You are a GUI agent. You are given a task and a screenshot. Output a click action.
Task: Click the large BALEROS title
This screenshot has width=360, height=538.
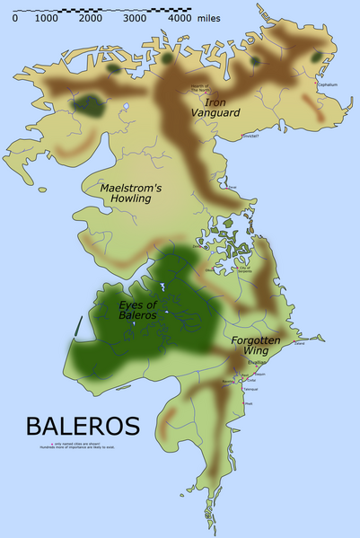click(83, 424)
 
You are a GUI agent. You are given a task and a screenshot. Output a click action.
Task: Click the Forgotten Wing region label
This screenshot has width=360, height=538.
click(258, 347)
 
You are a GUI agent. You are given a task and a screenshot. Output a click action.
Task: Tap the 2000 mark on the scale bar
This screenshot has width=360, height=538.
click(90, 17)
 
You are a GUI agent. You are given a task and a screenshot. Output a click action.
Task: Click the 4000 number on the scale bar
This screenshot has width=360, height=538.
click(180, 17)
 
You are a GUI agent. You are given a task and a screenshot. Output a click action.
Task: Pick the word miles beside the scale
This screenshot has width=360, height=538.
click(209, 17)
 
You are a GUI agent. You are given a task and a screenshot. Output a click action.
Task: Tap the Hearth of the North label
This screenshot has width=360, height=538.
click(198, 87)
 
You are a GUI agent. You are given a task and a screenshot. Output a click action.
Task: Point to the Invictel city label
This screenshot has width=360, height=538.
click(249, 137)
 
